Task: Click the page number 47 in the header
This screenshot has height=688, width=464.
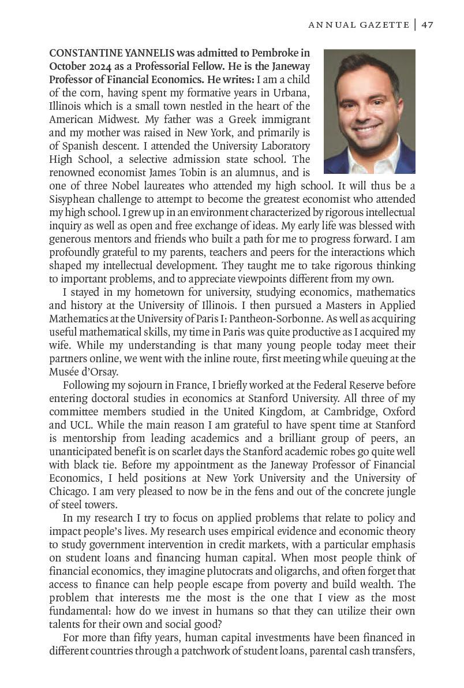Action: (427, 24)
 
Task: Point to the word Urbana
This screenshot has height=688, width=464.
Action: (291, 94)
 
